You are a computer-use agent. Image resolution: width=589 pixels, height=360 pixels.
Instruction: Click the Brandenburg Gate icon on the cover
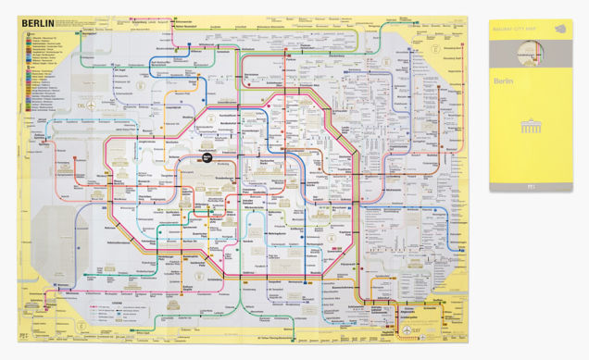tap(531, 124)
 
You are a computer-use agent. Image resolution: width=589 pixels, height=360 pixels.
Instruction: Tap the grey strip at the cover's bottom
tap(531, 186)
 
